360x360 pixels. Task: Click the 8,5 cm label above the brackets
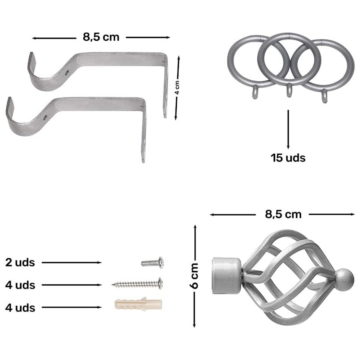101,37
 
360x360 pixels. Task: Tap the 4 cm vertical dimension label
177,88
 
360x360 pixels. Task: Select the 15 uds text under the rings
288,158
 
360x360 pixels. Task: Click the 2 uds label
20,262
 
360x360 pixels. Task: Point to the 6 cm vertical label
194,276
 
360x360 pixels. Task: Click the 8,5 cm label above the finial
283,214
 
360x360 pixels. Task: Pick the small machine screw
152,263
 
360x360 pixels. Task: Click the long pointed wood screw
138,284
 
